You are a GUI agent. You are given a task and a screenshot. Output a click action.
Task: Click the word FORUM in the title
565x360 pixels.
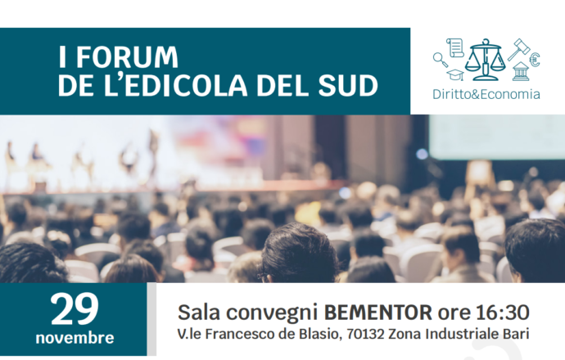[x=127, y=57]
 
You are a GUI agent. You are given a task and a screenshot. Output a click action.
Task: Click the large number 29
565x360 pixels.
[x=75, y=309]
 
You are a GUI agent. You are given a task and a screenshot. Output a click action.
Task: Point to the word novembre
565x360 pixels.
[x=75, y=338]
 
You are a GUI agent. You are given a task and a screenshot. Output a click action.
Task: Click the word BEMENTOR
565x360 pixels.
[x=378, y=312]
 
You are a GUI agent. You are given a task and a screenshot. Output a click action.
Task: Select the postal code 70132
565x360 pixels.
[x=366, y=334]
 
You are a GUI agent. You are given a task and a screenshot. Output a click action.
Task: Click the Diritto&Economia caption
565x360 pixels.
[x=486, y=94]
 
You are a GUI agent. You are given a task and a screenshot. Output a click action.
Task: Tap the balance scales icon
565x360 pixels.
[x=485, y=60]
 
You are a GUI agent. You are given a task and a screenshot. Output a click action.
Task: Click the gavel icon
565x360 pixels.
[x=519, y=49]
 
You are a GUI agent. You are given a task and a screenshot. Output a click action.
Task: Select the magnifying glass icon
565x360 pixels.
[x=441, y=60]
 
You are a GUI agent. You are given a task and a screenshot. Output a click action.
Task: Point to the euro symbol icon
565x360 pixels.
[x=535, y=60]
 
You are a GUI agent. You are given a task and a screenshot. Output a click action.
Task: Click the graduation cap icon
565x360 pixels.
[x=455, y=74]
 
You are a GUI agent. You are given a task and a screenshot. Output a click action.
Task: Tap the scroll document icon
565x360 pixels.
[x=454, y=47]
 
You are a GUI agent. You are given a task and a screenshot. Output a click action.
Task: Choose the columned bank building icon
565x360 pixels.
[x=520, y=71]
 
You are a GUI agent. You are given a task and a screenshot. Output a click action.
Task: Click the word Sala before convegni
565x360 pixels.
[x=199, y=312]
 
